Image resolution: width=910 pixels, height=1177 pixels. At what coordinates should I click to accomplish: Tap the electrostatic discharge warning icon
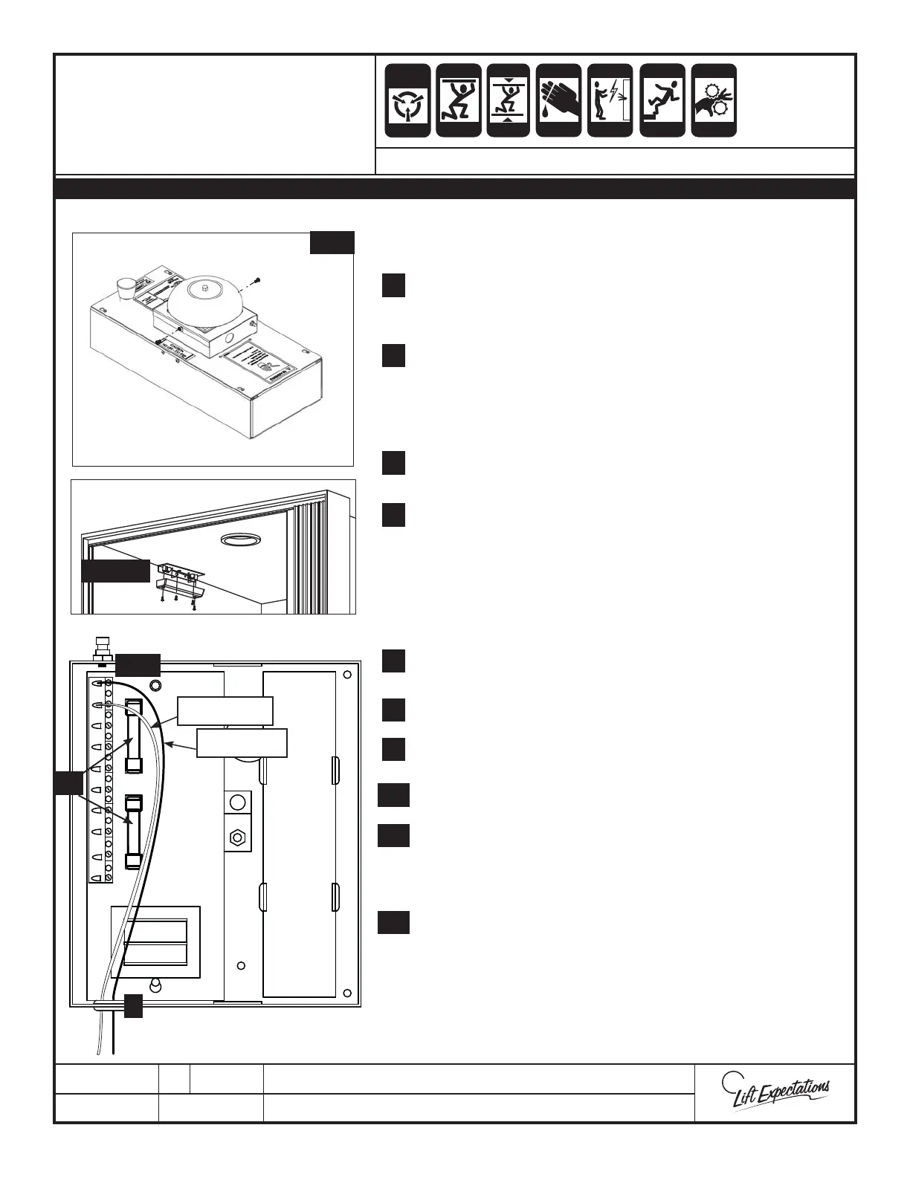407,100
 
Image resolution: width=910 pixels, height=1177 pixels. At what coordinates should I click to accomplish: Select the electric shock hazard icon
610,100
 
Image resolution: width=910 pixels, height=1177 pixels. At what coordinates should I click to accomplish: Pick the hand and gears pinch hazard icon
714,100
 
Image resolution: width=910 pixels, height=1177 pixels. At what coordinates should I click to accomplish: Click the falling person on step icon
662,100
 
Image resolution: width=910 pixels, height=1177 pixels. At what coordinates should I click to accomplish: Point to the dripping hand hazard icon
558,100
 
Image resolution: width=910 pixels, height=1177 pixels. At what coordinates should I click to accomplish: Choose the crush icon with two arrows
508,100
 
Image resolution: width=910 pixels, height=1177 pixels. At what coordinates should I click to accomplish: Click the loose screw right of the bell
255,279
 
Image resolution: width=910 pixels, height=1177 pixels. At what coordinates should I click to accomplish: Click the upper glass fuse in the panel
135,736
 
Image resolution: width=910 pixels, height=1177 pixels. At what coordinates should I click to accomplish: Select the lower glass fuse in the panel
134,832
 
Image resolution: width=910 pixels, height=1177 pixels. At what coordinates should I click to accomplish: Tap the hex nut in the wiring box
237,837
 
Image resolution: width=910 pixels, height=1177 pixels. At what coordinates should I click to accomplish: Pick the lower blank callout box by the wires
242,742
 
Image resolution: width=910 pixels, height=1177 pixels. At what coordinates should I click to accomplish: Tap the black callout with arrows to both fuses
68,783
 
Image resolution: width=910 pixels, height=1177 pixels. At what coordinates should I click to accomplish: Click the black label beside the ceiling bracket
115,571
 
